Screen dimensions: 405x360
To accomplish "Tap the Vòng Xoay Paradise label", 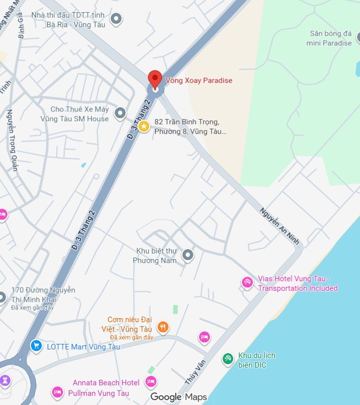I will [x=200, y=80].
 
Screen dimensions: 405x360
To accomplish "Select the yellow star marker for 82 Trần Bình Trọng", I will [x=144, y=126].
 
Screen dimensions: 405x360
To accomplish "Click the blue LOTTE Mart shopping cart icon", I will [x=36, y=346].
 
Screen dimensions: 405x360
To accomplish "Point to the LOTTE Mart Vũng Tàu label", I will [x=83, y=346].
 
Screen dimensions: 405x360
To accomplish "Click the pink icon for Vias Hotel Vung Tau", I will [x=247, y=282].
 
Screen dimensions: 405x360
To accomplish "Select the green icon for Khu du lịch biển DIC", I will [x=228, y=359].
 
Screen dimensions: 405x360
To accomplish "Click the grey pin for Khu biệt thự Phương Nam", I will [x=188, y=256].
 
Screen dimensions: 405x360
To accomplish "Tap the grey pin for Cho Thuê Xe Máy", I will [x=120, y=114].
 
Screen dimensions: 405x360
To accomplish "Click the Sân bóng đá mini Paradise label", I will [x=329, y=38].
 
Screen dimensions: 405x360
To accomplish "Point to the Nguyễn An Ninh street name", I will [x=280, y=226].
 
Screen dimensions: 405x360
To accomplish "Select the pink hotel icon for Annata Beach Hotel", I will [x=150, y=382].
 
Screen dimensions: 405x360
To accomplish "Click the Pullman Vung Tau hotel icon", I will [x=57, y=392].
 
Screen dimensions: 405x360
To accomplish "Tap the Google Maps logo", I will [x=179, y=397].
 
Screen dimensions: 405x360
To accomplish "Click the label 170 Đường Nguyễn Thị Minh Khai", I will [x=43, y=294].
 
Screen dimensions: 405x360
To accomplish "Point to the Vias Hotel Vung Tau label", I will [x=297, y=283].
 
